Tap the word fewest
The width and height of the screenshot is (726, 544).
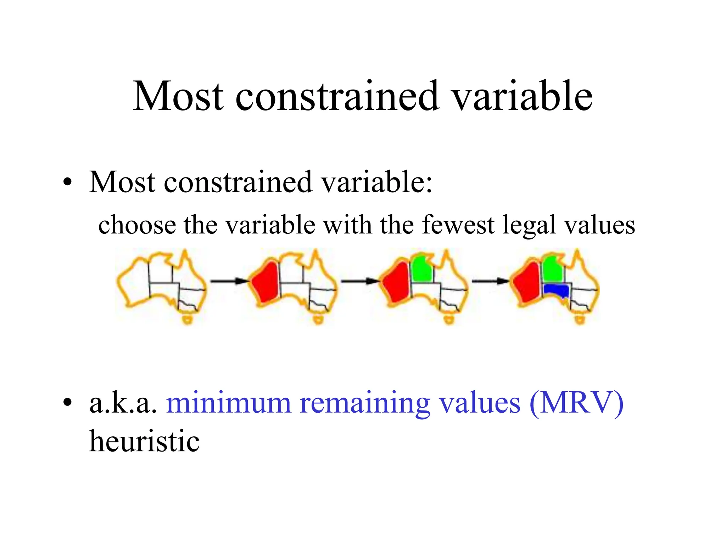[x=458, y=225]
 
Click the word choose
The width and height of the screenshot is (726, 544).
[x=137, y=225]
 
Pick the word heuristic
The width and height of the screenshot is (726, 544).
[x=144, y=441]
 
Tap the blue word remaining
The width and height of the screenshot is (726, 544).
[x=365, y=404]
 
